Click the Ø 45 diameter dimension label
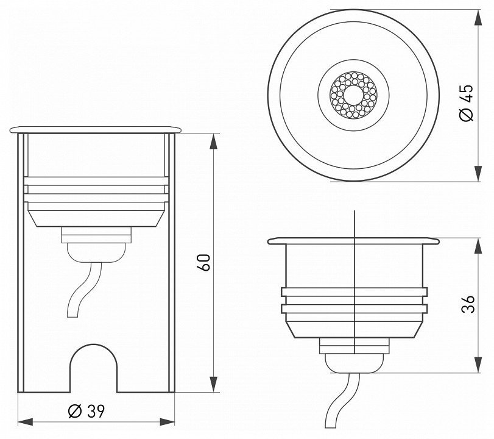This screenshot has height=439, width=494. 467,102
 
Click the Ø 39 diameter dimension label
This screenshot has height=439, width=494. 86,411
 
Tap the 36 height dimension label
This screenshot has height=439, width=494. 468,304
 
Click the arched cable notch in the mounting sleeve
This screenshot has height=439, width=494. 93,344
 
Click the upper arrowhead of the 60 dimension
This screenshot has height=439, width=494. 214,141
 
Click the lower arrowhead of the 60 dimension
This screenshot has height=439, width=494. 214,385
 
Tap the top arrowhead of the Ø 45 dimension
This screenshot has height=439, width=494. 478,17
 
